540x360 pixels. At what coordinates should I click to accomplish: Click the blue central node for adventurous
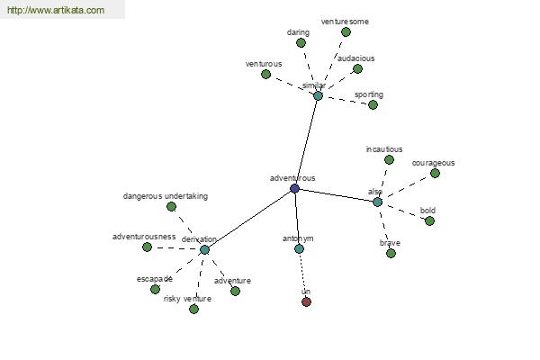[x=294, y=188]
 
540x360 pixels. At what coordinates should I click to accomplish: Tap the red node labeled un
[x=306, y=301]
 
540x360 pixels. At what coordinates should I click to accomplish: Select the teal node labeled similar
[x=318, y=95]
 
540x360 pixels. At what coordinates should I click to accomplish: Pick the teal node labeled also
[x=377, y=202]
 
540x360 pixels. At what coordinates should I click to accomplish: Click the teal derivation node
[x=204, y=250]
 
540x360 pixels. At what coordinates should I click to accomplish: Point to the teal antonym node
[x=299, y=248]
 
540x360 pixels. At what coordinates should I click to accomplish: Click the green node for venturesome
[x=346, y=32]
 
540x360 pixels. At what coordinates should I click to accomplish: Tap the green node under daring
[x=301, y=42]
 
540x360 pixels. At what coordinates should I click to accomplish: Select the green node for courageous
[x=435, y=174]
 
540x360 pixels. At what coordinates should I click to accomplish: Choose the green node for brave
[x=391, y=254]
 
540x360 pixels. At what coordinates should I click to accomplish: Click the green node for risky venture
[x=193, y=309]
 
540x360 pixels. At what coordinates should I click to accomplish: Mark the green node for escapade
[x=155, y=290]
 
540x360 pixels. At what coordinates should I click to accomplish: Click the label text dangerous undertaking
[x=166, y=196]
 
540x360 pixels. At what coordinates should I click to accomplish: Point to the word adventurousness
[x=144, y=237]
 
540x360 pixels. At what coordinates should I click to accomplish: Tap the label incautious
[x=384, y=149]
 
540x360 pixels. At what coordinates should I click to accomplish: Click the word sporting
[x=369, y=94]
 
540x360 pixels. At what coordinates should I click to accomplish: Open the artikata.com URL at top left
[x=56, y=10]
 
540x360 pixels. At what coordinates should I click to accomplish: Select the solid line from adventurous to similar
[x=306, y=142]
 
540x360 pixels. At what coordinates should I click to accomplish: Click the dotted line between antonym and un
[x=302, y=275]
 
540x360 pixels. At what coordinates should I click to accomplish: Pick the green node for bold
[x=429, y=221]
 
